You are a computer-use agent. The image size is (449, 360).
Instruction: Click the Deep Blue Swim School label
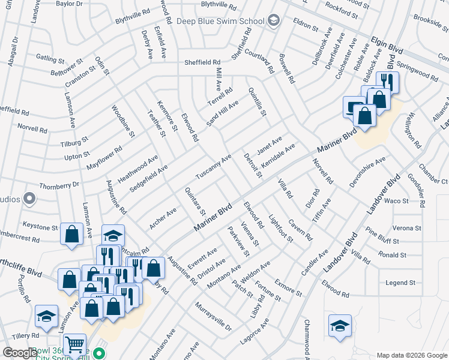(220, 20)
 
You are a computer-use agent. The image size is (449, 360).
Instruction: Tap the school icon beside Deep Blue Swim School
(274, 20)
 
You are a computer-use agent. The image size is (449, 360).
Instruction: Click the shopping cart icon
(74, 344)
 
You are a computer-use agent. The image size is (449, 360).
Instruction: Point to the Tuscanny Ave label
(214, 167)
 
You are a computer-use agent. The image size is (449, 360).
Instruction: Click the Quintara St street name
(196, 201)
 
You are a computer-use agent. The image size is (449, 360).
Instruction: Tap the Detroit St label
(253, 166)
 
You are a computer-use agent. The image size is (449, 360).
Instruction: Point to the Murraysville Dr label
(213, 316)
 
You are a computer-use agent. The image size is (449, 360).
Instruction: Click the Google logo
(20, 352)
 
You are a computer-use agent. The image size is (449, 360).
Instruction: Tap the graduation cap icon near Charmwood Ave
(340, 326)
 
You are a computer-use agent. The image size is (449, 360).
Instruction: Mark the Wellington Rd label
(415, 130)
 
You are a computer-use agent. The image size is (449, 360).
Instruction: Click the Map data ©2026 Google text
(412, 355)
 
